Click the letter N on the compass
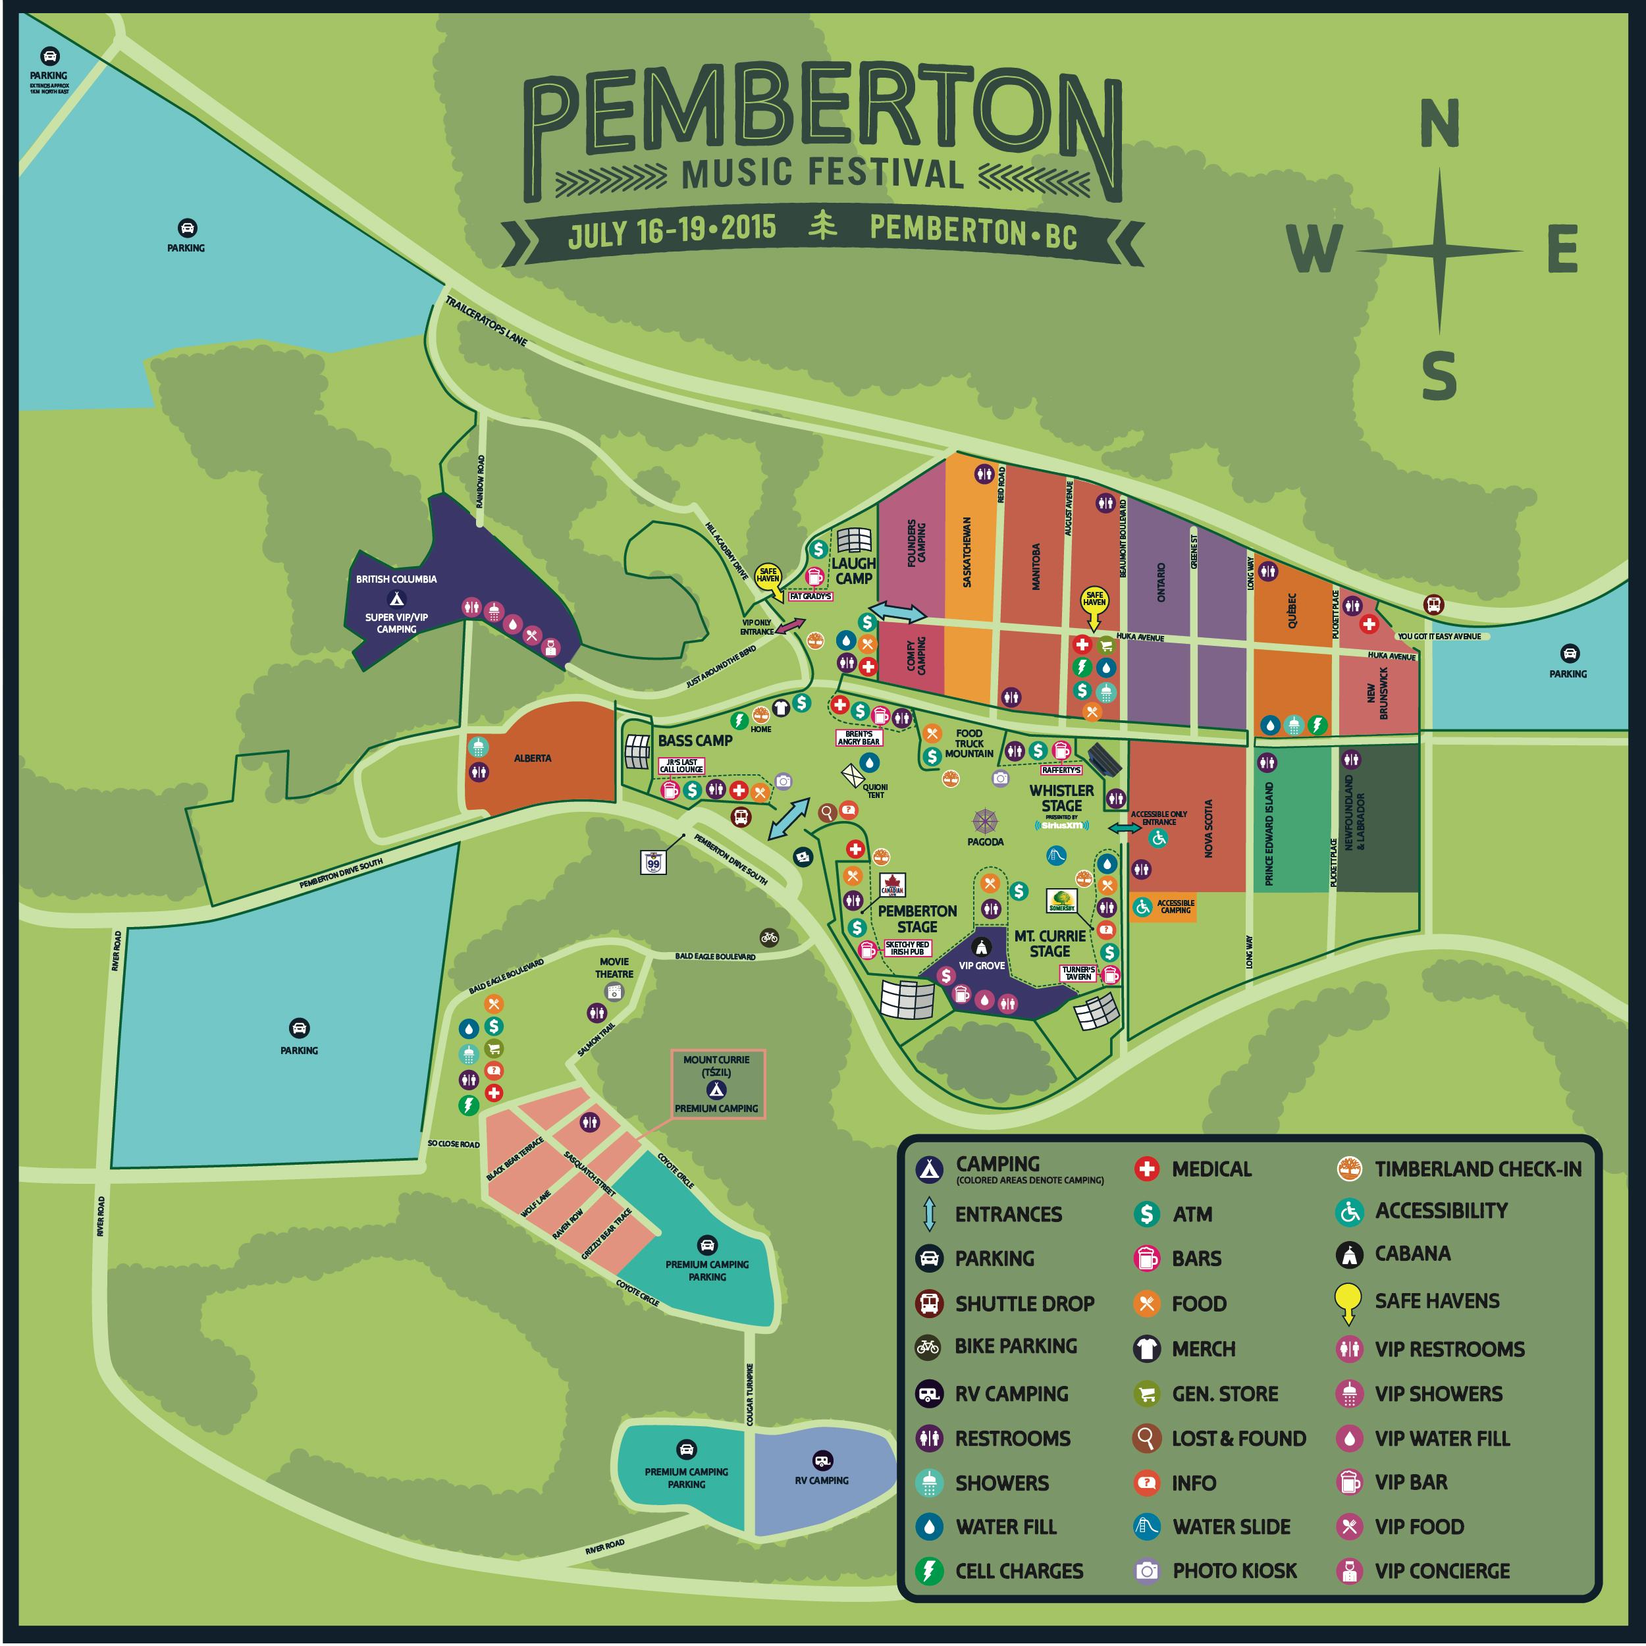(1439, 124)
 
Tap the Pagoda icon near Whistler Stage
(985, 822)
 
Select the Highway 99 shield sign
(652, 863)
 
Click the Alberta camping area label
(533, 757)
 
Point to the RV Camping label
(821, 1480)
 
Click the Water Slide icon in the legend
(1147, 1526)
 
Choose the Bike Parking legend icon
(928, 1347)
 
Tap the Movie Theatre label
(614, 967)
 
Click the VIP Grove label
(982, 965)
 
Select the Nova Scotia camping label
(1208, 828)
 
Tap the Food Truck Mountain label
(969, 743)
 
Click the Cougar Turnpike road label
(750, 1394)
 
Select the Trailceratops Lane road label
(486, 321)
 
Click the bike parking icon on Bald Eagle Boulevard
(769, 936)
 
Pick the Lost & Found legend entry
(1238, 1438)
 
